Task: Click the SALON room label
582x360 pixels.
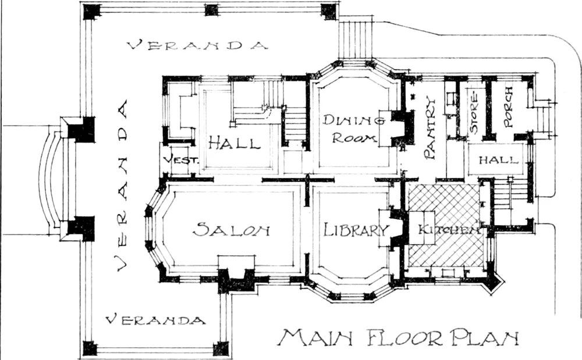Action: pyautogui.click(x=231, y=230)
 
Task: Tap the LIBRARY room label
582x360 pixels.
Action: pyautogui.click(x=355, y=230)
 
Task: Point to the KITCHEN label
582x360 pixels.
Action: pyautogui.click(x=449, y=230)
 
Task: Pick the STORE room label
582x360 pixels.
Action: pyautogui.click(x=474, y=113)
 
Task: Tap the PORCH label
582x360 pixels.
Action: pyautogui.click(x=508, y=107)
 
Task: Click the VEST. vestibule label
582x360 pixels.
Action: pyautogui.click(x=181, y=160)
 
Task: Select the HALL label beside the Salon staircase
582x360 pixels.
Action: pyautogui.click(x=234, y=142)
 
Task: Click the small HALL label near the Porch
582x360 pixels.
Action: pyautogui.click(x=498, y=160)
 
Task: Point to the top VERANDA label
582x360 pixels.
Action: pyautogui.click(x=197, y=45)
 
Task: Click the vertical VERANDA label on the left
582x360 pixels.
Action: pyautogui.click(x=122, y=185)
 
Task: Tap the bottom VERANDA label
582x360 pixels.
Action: pyautogui.click(x=155, y=320)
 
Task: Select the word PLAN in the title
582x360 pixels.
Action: pyautogui.click(x=484, y=337)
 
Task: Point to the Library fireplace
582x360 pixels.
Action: pyautogui.click(x=394, y=228)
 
